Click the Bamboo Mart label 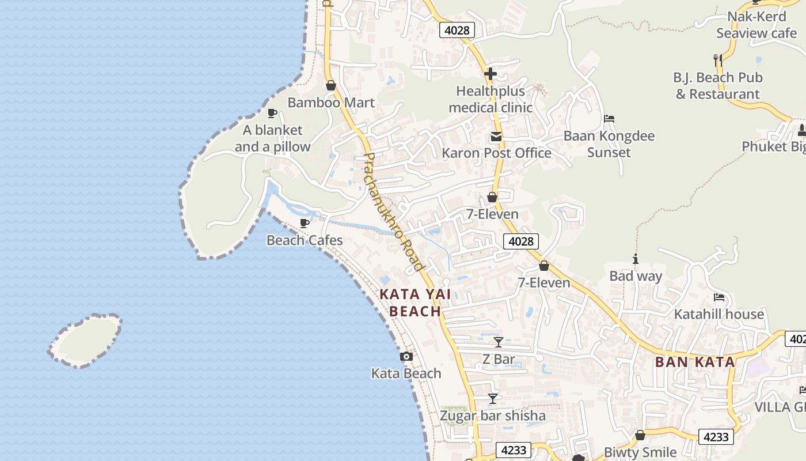[331, 103]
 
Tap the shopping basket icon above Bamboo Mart [331, 86]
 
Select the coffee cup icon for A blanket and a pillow [272, 113]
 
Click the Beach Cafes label [305, 240]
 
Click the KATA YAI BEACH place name [415, 303]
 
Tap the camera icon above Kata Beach [406, 357]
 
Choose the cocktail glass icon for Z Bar [499, 342]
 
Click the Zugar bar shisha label [493, 415]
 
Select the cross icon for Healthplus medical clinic [491, 74]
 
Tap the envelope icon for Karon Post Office [496, 137]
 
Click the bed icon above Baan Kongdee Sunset [609, 119]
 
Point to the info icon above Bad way [636, 259]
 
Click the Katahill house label [719, 314]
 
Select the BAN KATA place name [695, 362]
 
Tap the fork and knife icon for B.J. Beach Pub [718, 60]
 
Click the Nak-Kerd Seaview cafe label [756, 25]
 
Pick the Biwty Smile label [640, 452]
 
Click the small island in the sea [85, 341]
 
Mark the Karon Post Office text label [496, 153]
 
